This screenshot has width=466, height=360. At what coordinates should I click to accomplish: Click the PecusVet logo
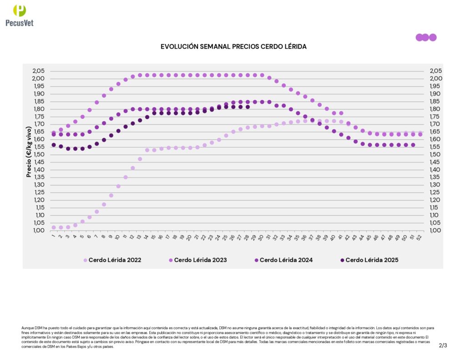click(x=19, y=15)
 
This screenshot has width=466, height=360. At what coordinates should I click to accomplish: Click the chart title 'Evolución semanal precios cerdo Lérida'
click(x=233, y=47)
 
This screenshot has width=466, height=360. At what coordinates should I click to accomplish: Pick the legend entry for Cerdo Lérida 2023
click(x=200, y=260)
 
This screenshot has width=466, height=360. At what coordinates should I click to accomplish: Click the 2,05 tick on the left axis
click(x=39, y=71)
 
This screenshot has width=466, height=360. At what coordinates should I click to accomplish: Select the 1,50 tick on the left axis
click(x=39, y=154)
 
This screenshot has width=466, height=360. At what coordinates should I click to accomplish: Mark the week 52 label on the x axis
click(x=420, y=237)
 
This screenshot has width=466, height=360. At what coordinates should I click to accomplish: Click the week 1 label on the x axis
click(x=53, y=236)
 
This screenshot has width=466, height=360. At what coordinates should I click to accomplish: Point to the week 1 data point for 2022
click(x=54, y=227)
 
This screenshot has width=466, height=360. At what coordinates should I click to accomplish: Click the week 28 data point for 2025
click(x=248, y=107)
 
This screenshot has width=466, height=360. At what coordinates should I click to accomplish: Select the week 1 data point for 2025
click(x=54, y=145)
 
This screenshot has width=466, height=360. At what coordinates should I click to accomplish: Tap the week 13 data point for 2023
click(x=140, y=75)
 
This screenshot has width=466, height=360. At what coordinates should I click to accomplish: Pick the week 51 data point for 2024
click(x=413, y=145)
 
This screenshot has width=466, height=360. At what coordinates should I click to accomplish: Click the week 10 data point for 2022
click(x=118, y=186)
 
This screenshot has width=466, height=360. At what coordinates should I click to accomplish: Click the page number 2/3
click(x=443, y=345)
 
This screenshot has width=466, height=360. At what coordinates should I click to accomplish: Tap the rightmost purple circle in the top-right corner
click(x=433, y=37)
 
